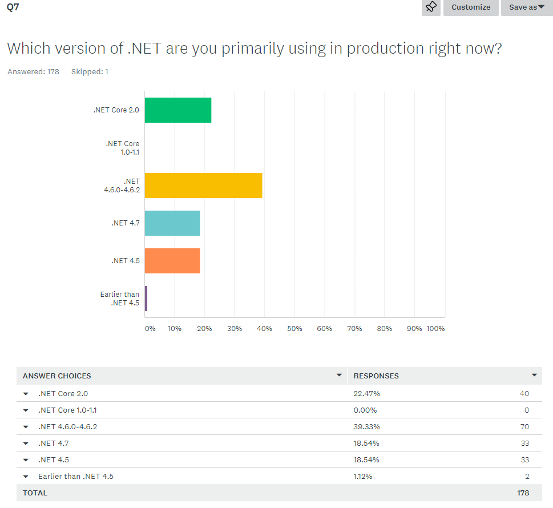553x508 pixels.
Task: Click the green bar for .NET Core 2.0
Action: pyautogui.click(x=177, y=110)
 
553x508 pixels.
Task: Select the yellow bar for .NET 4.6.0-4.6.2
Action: pyautogui.click(x=203, y=186)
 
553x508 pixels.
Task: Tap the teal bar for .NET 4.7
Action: pyautogui.click(x=172, y=223)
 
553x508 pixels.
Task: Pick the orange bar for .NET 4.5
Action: pyautogui.click(x=172, y=261)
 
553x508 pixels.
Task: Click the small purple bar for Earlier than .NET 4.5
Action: pyautogui.click(x=146, y=299)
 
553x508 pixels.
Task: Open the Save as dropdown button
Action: pyautogui.click(x=526, y=7)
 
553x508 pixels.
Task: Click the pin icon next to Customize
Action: pyautogui.click(x=431, y=7)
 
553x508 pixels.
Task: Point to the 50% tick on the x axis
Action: pyautogui.click(x=294, y=329)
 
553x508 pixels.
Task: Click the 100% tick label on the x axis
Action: pyautogui.click(x=435, y=329)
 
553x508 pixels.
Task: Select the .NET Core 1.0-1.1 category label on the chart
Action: pyautogui.click(x=122, y=148)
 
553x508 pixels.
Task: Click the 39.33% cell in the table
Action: pyautogui.click(x=366, y=427)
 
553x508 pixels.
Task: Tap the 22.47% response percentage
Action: pyautogui.click(x=366, y=394)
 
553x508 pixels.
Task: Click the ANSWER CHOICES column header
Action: pyautogui.click(x=57, y=376)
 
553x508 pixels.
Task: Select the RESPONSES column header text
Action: pyautogui.click(x=376, y=376)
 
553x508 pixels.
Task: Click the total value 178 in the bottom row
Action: pyautogui.click(x=522, y=493)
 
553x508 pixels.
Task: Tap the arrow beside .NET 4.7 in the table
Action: pyautogui.click(x=26, y=444)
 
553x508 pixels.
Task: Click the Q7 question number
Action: pyautogui.click(x=13, y=7)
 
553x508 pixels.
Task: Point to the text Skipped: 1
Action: pyautogui.click(x=90, y=72)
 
